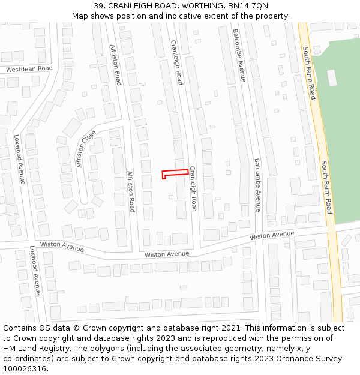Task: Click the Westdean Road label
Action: [29, 69]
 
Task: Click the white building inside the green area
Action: [332, 78]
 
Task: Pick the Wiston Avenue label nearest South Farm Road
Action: [272, 235]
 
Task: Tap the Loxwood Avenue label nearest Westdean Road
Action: [19, 159]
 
